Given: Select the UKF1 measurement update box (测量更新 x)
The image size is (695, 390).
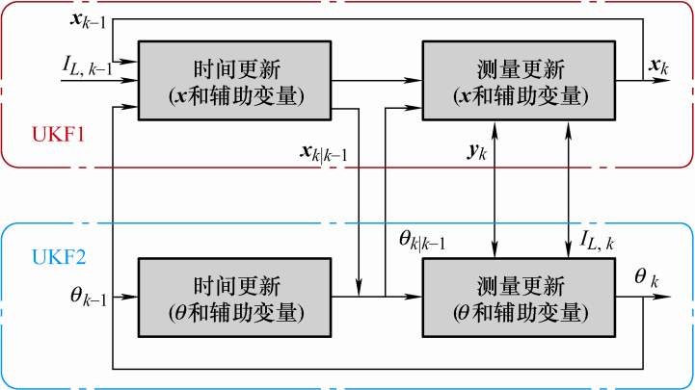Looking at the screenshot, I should click(520, 81).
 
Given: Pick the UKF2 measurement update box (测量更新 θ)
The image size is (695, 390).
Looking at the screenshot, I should click(520, 298).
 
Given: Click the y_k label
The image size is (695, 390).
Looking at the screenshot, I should click(478, 152).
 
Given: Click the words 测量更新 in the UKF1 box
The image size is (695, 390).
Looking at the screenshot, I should click(520, 69).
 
